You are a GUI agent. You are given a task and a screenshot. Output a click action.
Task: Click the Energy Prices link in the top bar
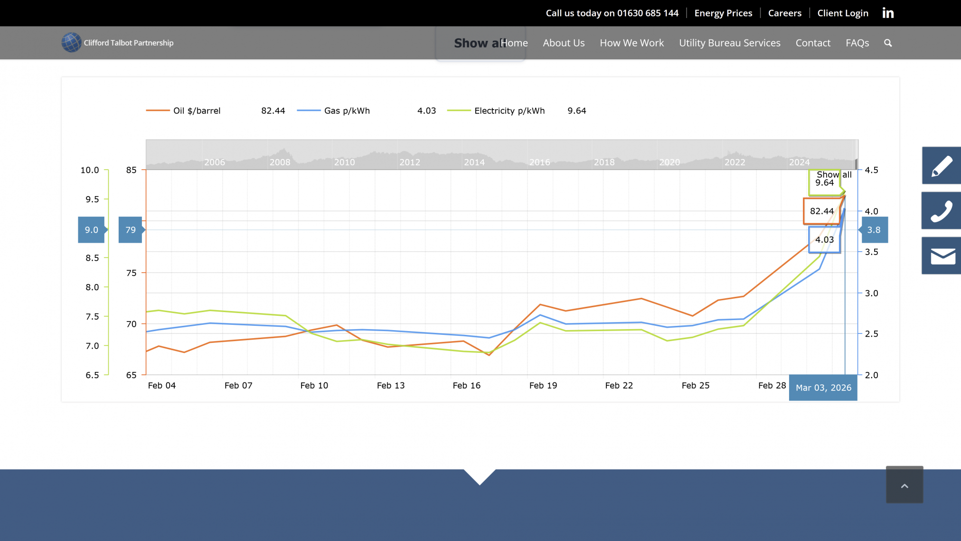723,13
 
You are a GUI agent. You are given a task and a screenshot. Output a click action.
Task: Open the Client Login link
843,13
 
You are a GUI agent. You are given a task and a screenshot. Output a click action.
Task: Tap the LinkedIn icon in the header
888,13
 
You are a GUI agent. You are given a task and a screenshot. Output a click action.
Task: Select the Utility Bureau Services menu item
729,43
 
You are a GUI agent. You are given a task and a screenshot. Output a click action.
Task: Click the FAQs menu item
857,43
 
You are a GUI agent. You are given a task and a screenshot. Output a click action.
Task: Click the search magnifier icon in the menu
888,43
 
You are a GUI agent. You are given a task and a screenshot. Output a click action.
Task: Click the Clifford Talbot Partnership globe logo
71,42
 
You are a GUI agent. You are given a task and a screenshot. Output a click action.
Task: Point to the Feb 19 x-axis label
543,386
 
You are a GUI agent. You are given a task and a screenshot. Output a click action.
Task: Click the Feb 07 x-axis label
238,386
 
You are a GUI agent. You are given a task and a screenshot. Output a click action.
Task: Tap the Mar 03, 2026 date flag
823,388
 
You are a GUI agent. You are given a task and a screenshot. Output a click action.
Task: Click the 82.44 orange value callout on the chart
821,211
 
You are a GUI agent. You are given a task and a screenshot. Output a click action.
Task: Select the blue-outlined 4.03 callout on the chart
824,240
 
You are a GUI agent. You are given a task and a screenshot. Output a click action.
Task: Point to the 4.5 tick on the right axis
871,170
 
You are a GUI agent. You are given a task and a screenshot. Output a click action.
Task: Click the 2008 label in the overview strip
280,162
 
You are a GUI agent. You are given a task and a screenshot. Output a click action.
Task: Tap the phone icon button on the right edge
942,211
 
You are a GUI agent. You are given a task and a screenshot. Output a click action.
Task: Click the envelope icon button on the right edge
942,256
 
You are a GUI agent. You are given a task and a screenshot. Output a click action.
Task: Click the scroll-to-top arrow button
904,485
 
